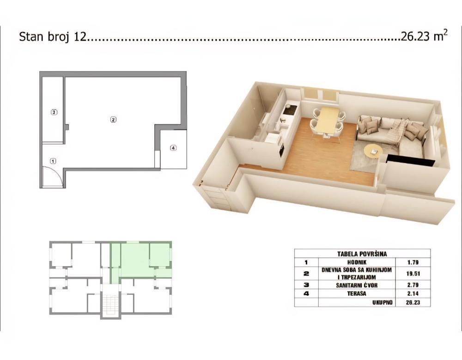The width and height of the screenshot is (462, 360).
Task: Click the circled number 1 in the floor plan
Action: (x=53, y=161)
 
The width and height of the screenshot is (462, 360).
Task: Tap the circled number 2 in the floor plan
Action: (x=113, y=120)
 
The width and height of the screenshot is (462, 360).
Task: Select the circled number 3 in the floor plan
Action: (x=54, y=112)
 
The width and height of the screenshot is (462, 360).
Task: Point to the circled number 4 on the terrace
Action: (x=173, y=148)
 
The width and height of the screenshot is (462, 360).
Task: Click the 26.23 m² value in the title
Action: (x=424, y=37)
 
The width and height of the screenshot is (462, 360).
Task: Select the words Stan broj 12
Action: (x=52, y=37)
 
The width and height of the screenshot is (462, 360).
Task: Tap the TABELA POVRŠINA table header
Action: (x=362, y=254)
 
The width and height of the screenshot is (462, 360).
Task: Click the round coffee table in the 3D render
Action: (x=373, y=150)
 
